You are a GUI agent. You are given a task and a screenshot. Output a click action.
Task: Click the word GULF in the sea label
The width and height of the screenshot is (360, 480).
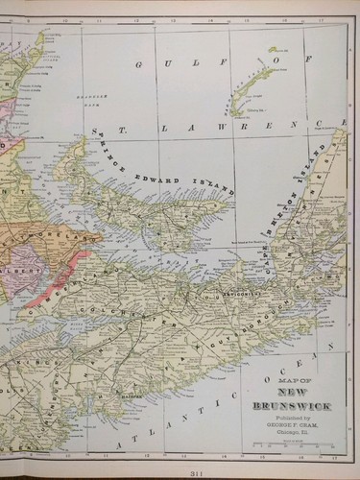159,63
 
